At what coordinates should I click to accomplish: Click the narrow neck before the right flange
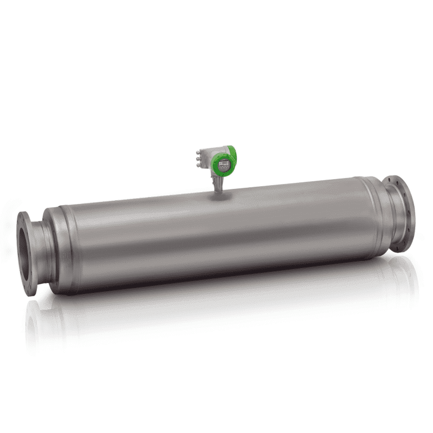coord(388,216)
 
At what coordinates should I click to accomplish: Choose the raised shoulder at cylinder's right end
coord(368,216)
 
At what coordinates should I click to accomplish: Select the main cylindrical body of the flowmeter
coord(216,238)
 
